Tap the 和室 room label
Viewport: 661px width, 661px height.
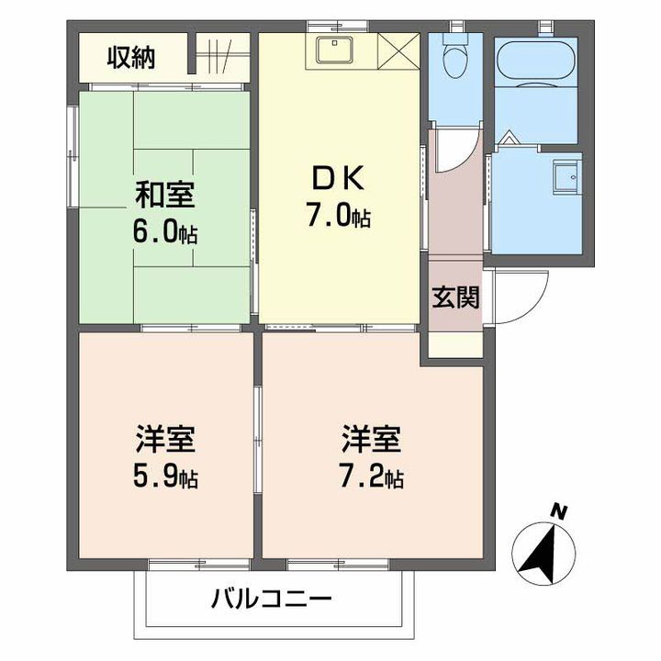(x=165, y=196)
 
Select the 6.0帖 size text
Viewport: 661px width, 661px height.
(x=166, y=232)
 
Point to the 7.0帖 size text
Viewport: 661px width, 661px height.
(x=339, y=216)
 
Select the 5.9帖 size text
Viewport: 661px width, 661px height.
(x=165, y=477)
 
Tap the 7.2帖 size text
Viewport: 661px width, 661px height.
(x=372, y=477)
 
